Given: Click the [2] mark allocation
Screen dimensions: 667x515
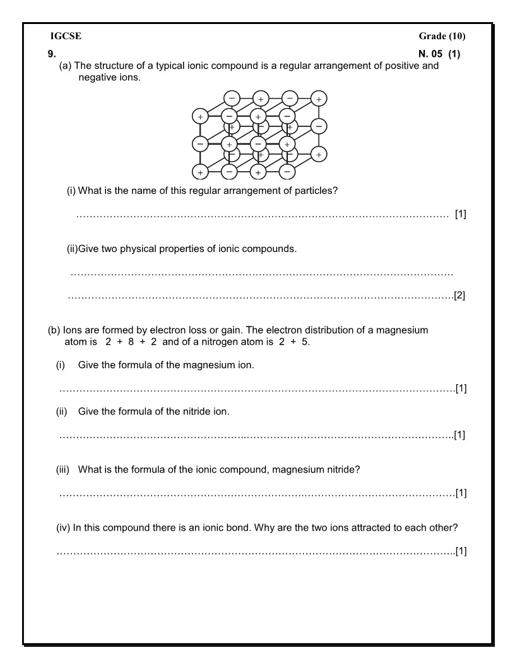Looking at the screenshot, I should (x=459, y=295).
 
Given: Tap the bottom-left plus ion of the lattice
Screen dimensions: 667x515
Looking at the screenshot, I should (x=200, y=172).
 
